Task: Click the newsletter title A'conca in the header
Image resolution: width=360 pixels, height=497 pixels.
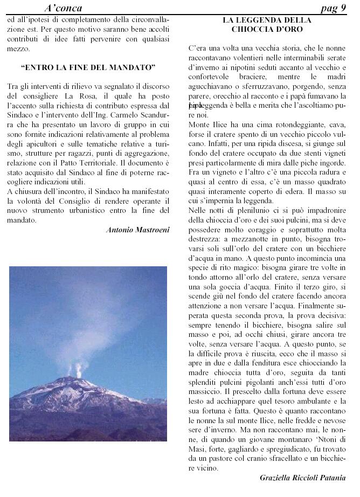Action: [x=63, y=8]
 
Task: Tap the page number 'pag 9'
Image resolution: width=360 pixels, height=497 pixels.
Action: [x=333, y=8]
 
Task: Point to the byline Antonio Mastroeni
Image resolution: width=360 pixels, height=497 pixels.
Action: [x=138, y=230]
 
